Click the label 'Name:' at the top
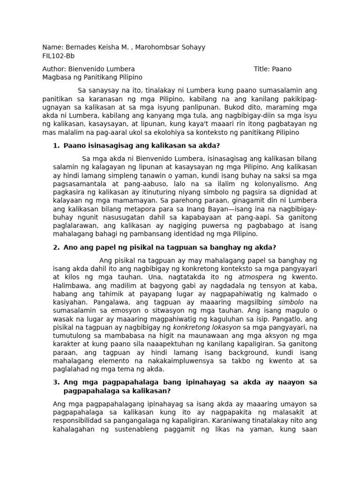[x=52, y=47]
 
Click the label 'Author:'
[x=54, y=69]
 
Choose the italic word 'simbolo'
[x=291, y=302]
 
